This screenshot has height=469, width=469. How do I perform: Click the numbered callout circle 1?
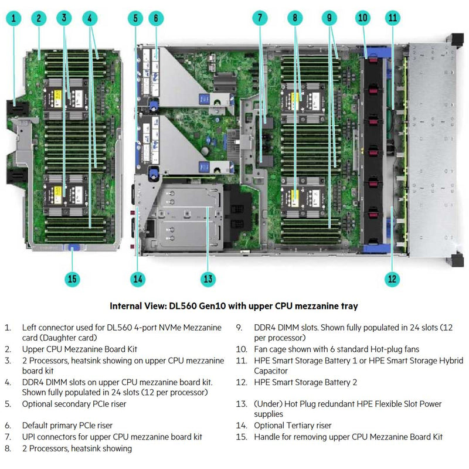[14, 18]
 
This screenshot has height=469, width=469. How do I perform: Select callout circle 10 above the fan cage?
[363, 18]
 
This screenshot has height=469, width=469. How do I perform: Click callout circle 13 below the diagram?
[208, 278]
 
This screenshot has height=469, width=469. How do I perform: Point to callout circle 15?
[72, 278]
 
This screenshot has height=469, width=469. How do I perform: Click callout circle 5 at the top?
[136, 18]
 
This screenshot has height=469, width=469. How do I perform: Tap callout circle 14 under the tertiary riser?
[137, 278]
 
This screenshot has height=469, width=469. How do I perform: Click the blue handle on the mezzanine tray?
[73, 247]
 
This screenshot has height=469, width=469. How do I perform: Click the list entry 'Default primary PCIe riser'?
[67, 426]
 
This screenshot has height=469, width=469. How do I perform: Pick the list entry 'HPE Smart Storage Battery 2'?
[305, 382]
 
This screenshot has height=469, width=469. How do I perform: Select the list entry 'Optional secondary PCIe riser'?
[74, 404]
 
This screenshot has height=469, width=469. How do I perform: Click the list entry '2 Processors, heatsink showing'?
[77, 448]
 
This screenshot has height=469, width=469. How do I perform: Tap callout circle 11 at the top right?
[392, 18]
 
